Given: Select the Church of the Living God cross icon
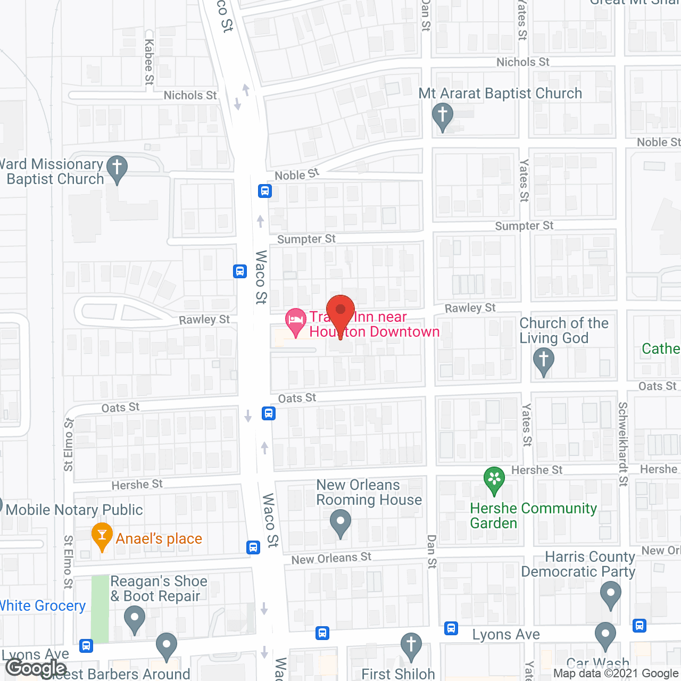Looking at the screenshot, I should click(x=543, y=360).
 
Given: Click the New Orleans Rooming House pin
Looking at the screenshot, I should click(x=340, y=522).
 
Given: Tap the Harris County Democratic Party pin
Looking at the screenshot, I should click(x=610, y=594).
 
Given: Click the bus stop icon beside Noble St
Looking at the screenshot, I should click(x=265, y=190).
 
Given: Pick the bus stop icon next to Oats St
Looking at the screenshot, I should click(x=269, y=413).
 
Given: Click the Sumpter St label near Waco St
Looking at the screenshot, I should click(x=306, y=239).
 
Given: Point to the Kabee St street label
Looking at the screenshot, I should click(x=149, y=62).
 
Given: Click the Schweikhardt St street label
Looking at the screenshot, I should click(x=623, y=444).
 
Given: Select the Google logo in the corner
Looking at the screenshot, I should click(x=37, y=668).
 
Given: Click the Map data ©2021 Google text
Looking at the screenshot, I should click(x=616, y=674).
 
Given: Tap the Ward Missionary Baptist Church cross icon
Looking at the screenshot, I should click(x=117, y=168).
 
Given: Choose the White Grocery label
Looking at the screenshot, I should click(x=42, y=606).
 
